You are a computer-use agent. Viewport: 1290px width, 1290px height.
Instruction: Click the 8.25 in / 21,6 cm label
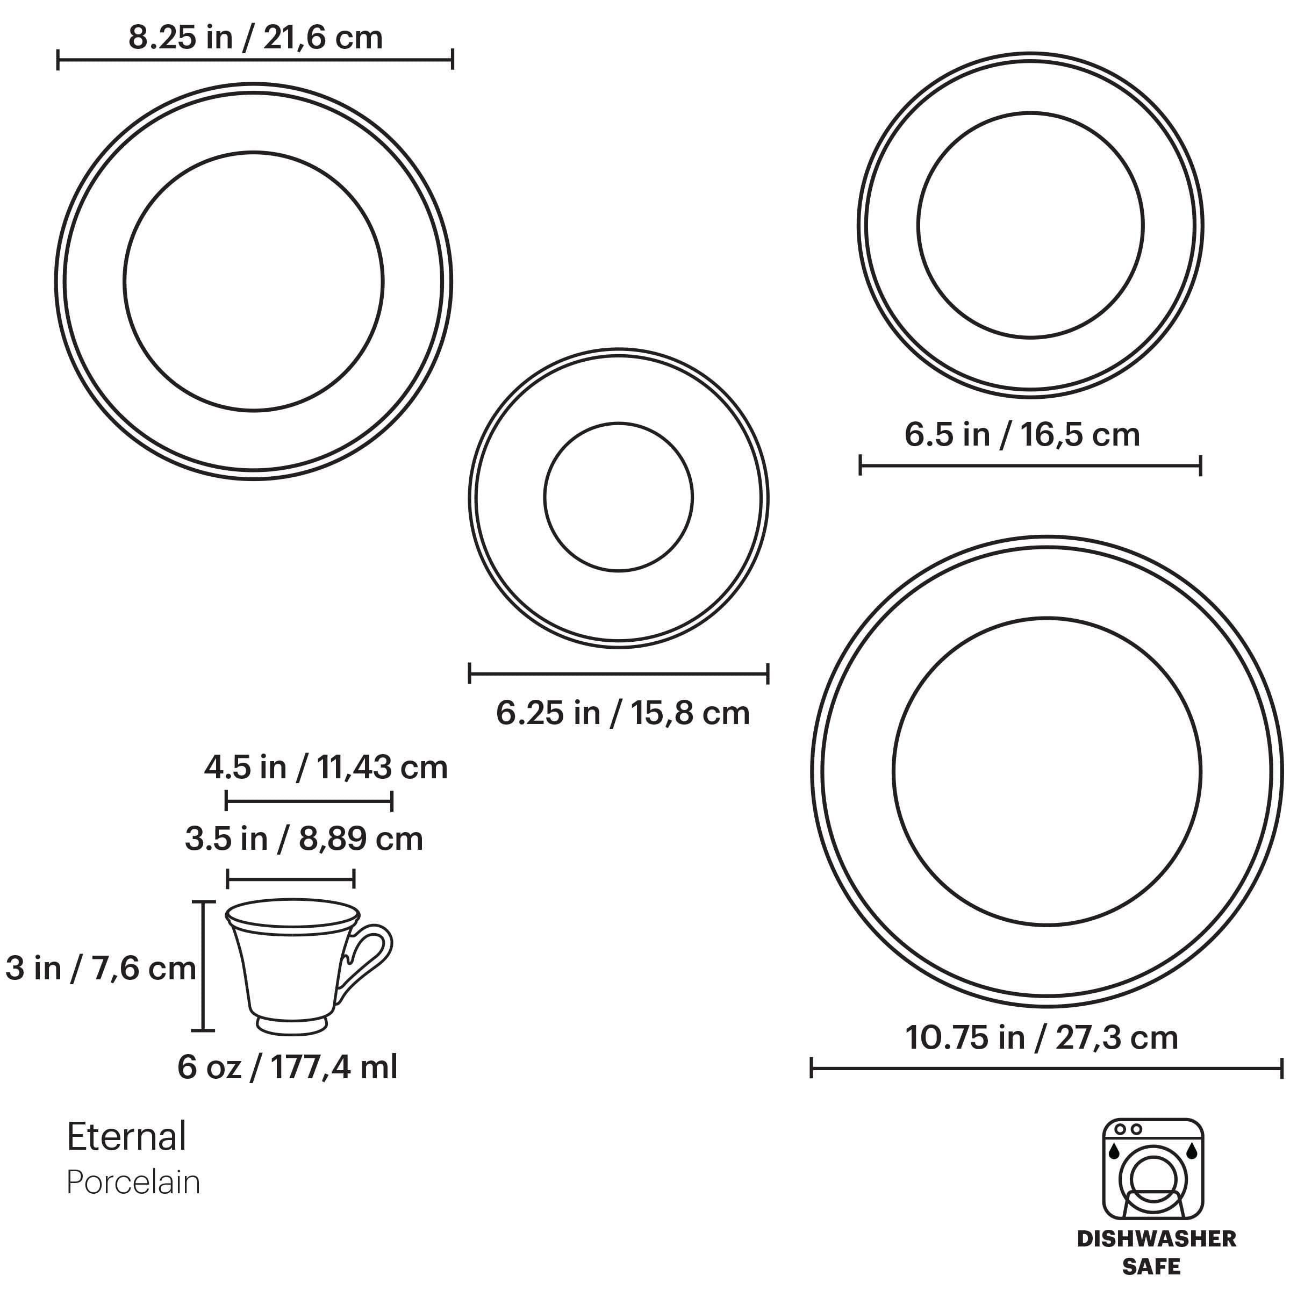pyautogui.click(x=255, y=38)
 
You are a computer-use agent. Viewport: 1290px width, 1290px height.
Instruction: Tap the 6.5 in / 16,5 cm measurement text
pyautogui.click(x=1022, y=435)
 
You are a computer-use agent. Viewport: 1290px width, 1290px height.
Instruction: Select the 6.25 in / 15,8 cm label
pyautogui.click(x=622, y=713)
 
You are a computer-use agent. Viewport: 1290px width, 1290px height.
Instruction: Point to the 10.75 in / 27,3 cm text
pyautogui.click(x=1041, y=1037)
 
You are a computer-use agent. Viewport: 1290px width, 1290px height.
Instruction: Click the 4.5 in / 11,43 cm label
pyautogui.click(x=326, y=768)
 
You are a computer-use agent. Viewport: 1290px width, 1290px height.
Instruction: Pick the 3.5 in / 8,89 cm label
pyautogui.click(x=304, y=839)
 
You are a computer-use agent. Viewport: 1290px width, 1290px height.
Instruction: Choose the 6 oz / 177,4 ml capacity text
pyautogui.click(x=287, y=1067)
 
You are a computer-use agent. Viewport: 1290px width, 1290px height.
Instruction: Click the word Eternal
pyautogui.click(x=126, y=1137)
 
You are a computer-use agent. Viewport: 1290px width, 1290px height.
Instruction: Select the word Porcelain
pyautogui.click(x=133, y=1182)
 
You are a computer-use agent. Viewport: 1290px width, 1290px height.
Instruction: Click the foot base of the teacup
pyautogui.click(x=292, y=1026)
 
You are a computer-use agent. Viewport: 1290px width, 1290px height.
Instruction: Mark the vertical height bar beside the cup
pyautogui.click(x=204, y=966)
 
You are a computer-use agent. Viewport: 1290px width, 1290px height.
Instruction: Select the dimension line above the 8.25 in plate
pyautogui.click(x=255, y=60)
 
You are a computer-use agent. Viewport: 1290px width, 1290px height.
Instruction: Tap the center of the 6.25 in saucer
pyautogui.click(x=618, y=497)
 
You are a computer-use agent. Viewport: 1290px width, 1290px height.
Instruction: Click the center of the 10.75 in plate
pyautogui.click(x=1047, y=771)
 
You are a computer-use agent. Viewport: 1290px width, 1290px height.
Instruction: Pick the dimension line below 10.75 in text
pyautogui.click(x=1047, y=1069)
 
